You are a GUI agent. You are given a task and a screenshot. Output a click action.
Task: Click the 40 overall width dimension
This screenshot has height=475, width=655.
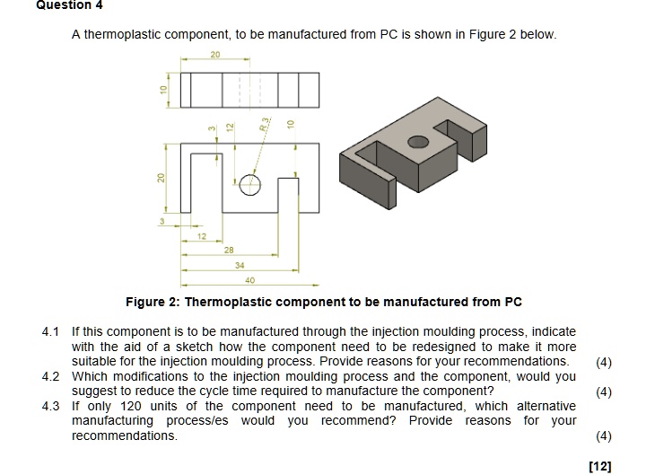pos(250,280)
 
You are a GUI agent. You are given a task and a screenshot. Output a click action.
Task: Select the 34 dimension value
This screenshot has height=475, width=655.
pos(239,267)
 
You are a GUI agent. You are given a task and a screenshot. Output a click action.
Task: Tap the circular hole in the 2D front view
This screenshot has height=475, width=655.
pos(251,185)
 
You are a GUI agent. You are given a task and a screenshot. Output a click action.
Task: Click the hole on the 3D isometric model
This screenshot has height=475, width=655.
pos(417,142)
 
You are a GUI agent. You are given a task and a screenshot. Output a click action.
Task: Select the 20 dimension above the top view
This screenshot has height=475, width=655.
pos(215,55)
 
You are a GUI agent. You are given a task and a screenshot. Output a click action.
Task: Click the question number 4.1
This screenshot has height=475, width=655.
pos(52,332)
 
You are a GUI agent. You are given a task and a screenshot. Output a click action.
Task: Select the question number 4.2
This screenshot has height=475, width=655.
pos(52,376)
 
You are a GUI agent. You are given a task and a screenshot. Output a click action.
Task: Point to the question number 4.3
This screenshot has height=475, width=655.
pos(52,406)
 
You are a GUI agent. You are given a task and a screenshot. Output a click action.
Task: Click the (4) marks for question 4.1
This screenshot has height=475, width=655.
pos(604,362)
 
